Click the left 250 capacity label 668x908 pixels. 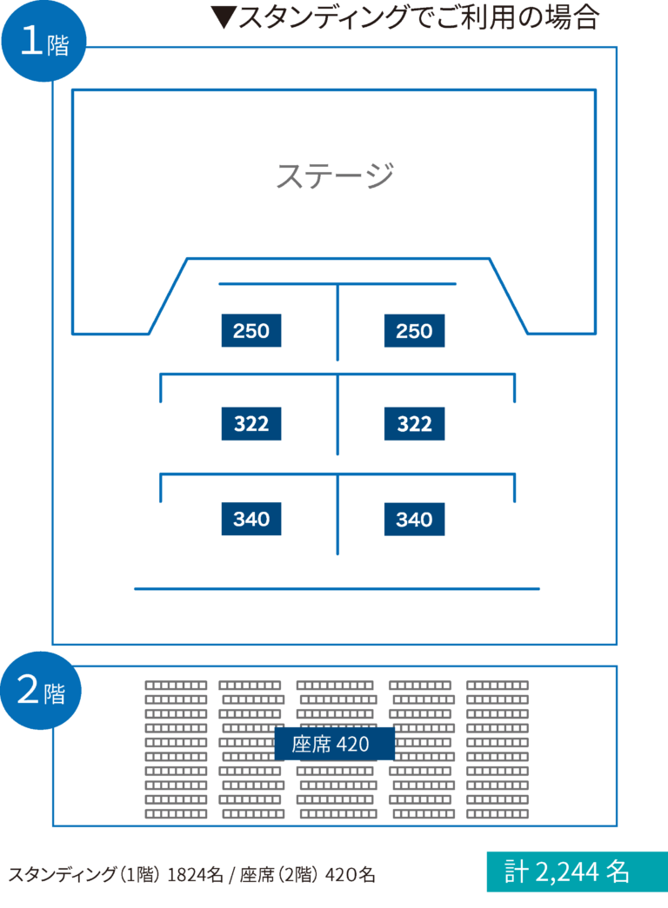251,331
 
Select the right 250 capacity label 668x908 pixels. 414,331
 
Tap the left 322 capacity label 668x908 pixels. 251,424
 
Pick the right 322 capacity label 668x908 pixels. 414,424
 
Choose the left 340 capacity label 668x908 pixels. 251,520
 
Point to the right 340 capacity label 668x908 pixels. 414,520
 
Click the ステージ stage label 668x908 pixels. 335,176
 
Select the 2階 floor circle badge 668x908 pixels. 42,691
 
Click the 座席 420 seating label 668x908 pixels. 334,744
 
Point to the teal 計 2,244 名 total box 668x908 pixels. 577,872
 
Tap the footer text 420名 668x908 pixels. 350,875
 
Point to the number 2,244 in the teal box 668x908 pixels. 571,872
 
